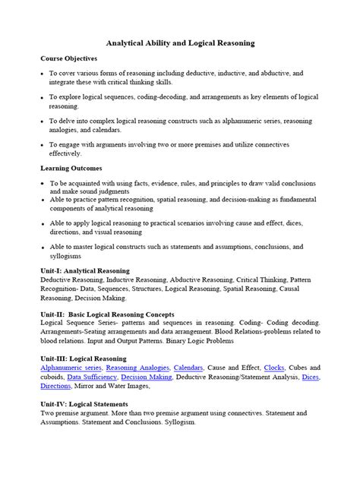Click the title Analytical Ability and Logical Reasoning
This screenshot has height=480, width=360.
(x=179, y=44)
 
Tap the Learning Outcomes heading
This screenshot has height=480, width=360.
(x=71, y=168)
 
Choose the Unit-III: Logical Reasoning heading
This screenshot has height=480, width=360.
(x=84, y=358)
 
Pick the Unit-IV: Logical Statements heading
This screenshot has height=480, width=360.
(x=84, y=404)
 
